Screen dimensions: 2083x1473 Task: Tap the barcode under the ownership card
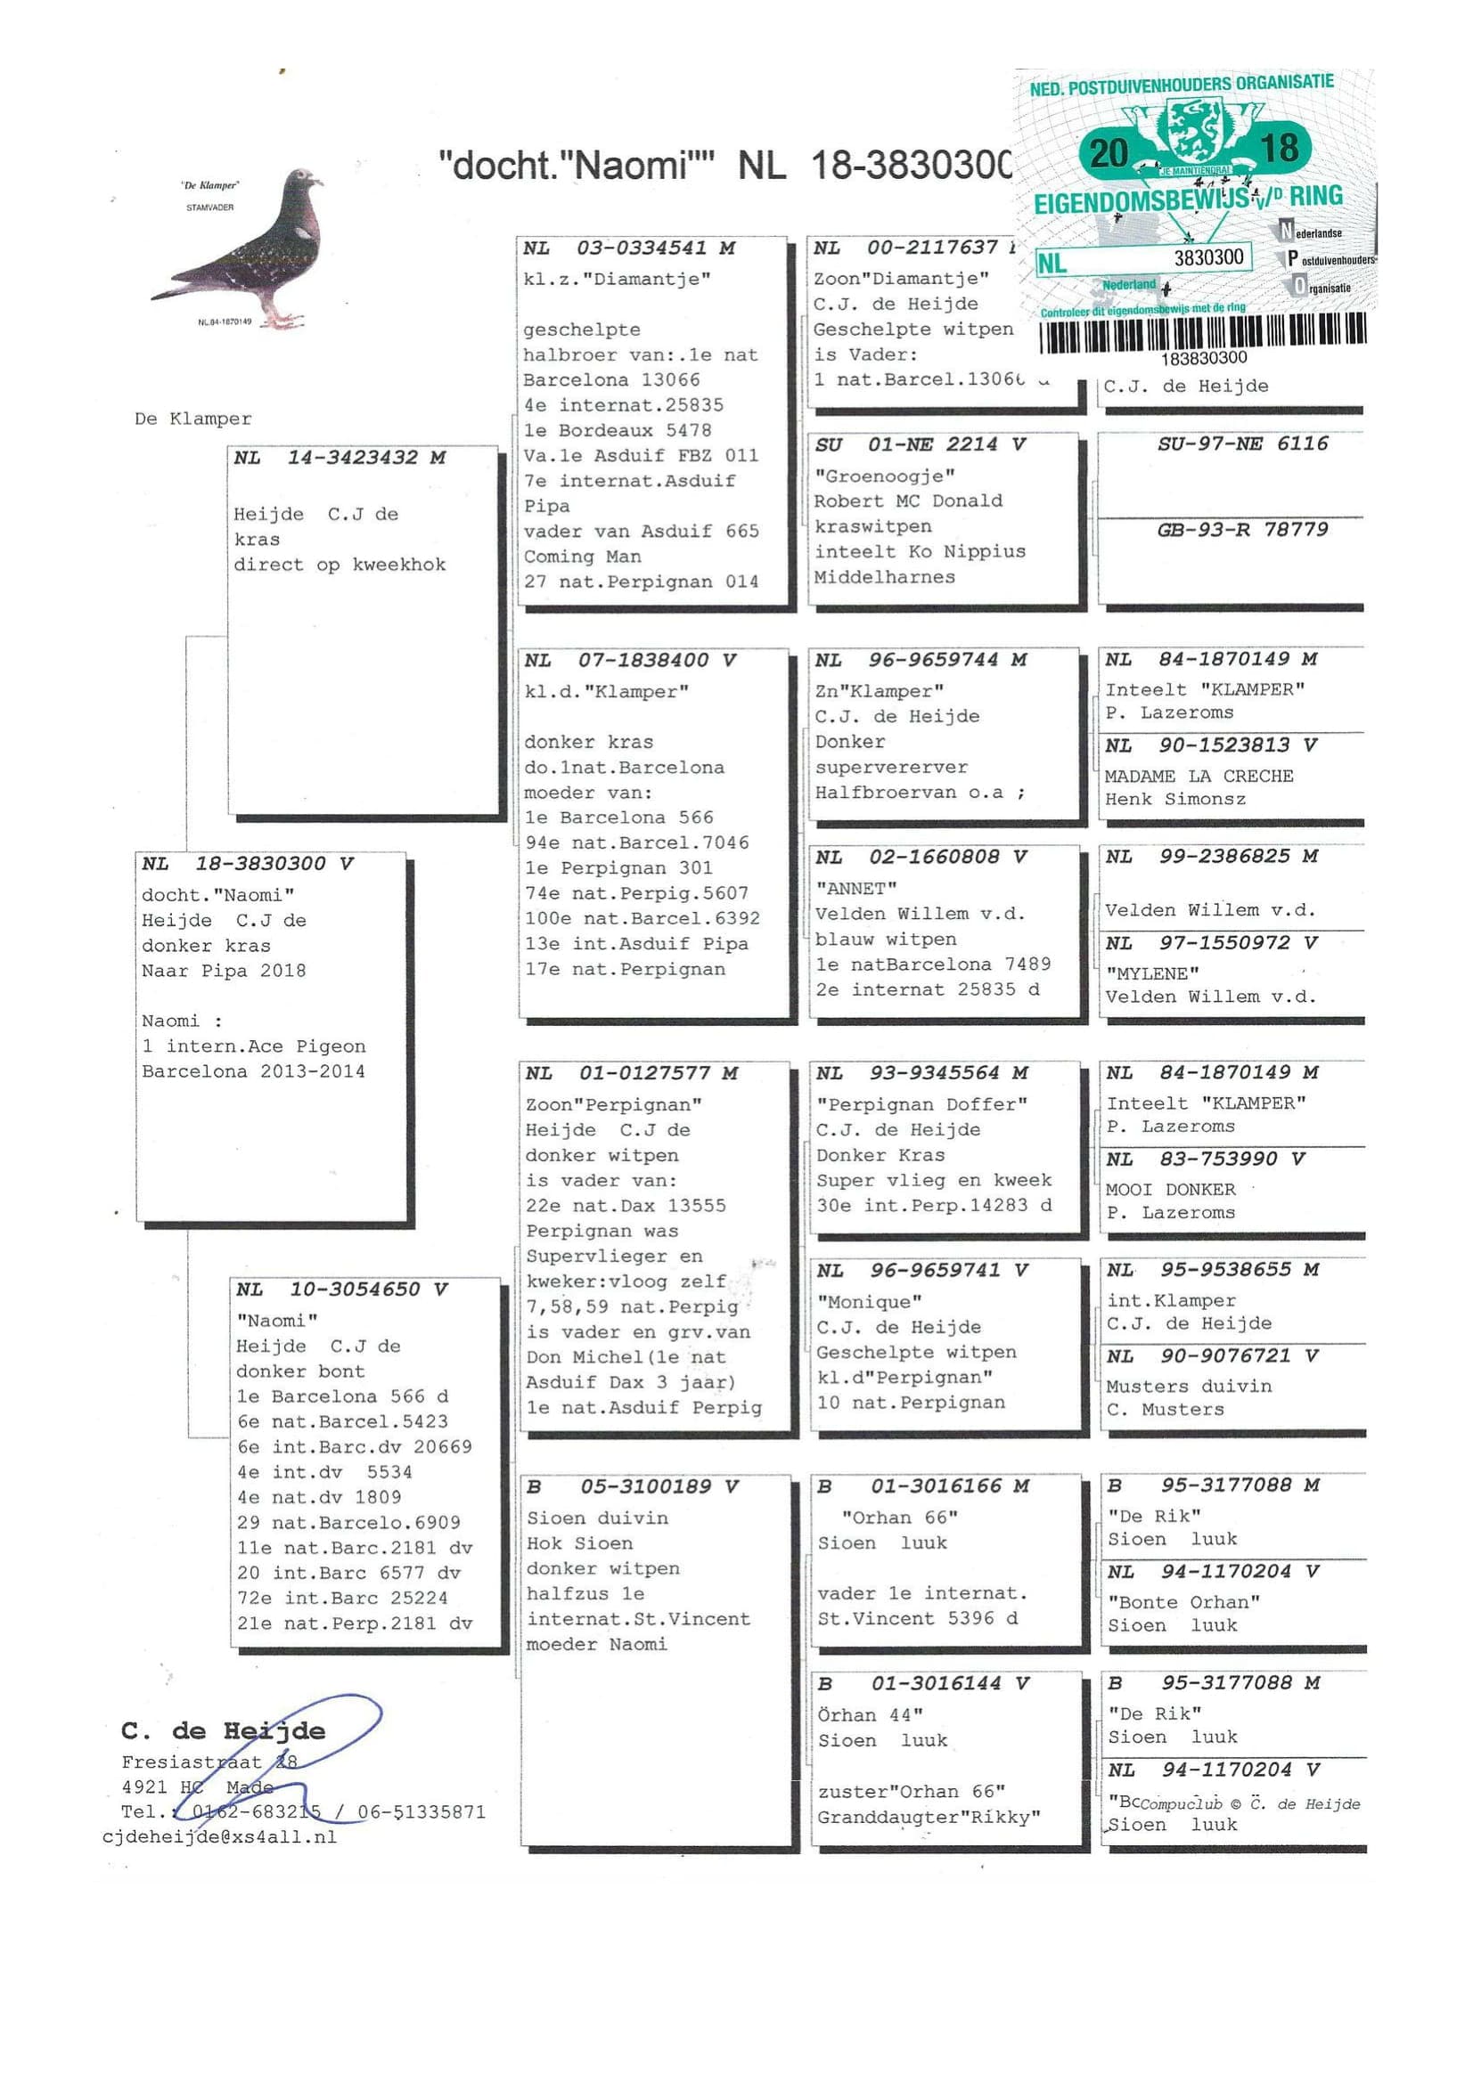1202,333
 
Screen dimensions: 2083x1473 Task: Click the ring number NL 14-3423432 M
339,458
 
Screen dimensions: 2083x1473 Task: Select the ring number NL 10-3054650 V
341,1290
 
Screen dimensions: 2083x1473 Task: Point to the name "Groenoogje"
884,476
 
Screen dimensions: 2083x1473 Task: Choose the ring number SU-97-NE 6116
1241,443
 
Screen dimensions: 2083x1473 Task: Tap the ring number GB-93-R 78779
1241,530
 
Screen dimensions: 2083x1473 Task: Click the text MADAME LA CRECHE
1198,776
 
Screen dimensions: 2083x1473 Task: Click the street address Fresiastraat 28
209,1762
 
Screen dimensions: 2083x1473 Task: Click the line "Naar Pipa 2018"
224,971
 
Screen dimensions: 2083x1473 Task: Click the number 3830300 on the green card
1208,257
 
